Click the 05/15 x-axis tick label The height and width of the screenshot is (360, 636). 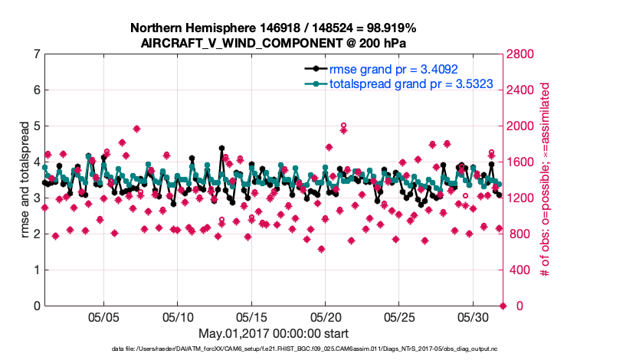click(x=251, y=317)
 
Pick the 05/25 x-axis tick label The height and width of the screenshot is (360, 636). click(x=399, y=317)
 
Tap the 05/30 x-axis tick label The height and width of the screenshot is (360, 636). click(x=473, y=317)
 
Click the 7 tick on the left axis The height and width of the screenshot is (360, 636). click(x=37, y=54)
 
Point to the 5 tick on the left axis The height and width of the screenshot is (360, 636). click(x=37, y=126)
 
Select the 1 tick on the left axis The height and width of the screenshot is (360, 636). click(x=37, y=270)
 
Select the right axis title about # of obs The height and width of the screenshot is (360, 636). click(x=545, y=180)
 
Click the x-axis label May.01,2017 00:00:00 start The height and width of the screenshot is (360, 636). click(x=274, y=334)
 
